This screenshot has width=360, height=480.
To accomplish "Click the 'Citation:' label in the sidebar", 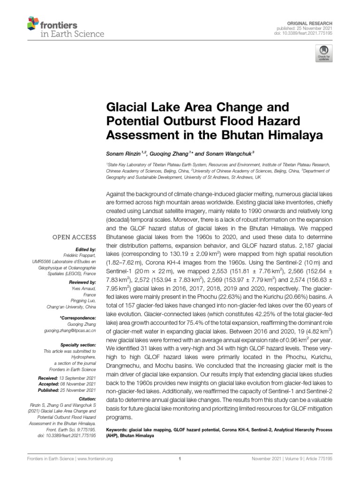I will pos(87,398).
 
